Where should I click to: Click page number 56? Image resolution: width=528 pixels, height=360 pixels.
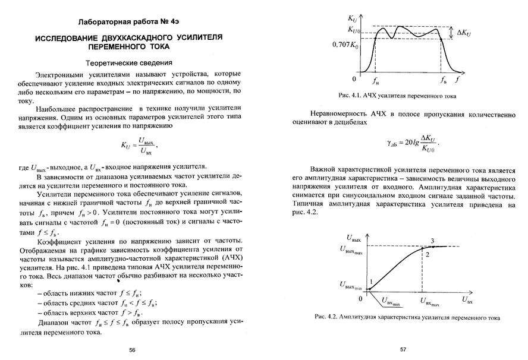tap(132, 350)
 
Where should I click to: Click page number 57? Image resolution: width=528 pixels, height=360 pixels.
tap(403, 350)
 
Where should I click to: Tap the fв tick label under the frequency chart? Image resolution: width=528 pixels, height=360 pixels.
tap(443, 80)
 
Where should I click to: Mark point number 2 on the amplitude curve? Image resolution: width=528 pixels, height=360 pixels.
tap(426, 254)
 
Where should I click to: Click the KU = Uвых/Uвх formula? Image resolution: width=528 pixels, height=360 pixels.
tap(139, 146)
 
